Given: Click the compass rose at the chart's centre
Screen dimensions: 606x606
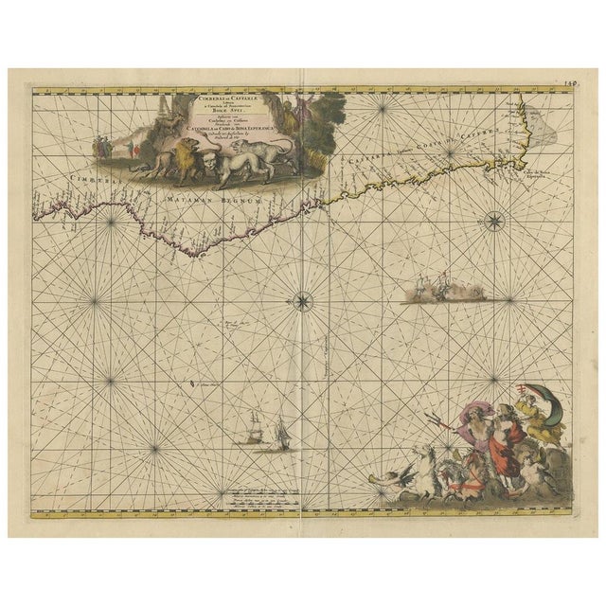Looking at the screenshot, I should [x=302, y=302].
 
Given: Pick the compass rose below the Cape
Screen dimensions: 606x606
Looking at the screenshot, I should [x=493, y=223].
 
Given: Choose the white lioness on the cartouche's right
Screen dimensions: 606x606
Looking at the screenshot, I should [x=262, y=151].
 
